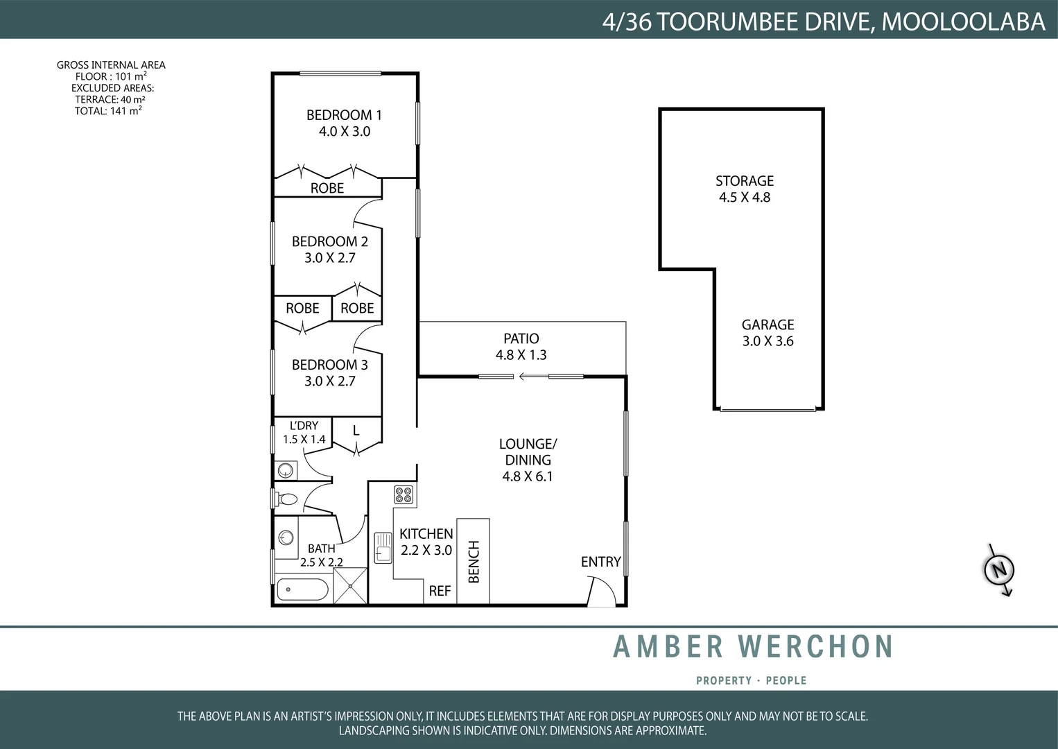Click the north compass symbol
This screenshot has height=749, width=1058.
click(999, 570)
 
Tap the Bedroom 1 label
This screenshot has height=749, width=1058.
click(344, 115)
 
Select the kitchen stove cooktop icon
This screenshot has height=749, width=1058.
click(404, 494)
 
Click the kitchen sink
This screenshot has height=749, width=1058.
click(383, 547)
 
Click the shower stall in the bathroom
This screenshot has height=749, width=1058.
click(350, 586)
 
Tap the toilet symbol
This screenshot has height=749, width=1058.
click(286, 499)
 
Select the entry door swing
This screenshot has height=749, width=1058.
click(601, 593)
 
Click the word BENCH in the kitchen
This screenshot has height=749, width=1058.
click(474, 562)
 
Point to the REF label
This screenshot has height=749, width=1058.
click(440, 591)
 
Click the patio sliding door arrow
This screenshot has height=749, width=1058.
click(531, 377)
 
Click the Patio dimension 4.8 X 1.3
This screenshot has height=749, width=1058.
click(521, 355)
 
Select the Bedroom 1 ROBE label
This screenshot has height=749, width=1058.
click(327, 188)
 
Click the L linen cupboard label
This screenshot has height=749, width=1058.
click(356, 431)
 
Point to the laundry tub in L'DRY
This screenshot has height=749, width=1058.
click(286, 471)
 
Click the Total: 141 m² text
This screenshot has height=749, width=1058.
click(108, 111)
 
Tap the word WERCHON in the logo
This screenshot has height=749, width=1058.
click(815, 646)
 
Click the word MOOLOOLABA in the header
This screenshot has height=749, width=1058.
click(963, 21)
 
